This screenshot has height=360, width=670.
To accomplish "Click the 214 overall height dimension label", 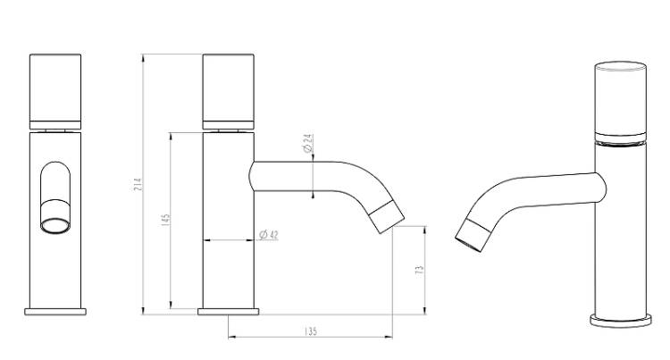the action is (x=138, y=184).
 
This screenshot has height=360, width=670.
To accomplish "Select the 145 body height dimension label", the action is (x=166, y=220).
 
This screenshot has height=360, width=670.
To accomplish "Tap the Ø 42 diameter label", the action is (x=269, y=234).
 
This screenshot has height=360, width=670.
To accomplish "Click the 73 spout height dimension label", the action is (x=420, y=270).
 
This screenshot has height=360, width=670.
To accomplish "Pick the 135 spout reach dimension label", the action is (x=311, y=331).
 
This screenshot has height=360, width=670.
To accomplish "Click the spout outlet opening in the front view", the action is (x=55, y=226).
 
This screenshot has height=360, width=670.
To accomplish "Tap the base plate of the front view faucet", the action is (x=55, y=312).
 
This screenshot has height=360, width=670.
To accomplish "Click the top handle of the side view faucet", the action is (x=228, y=91).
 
